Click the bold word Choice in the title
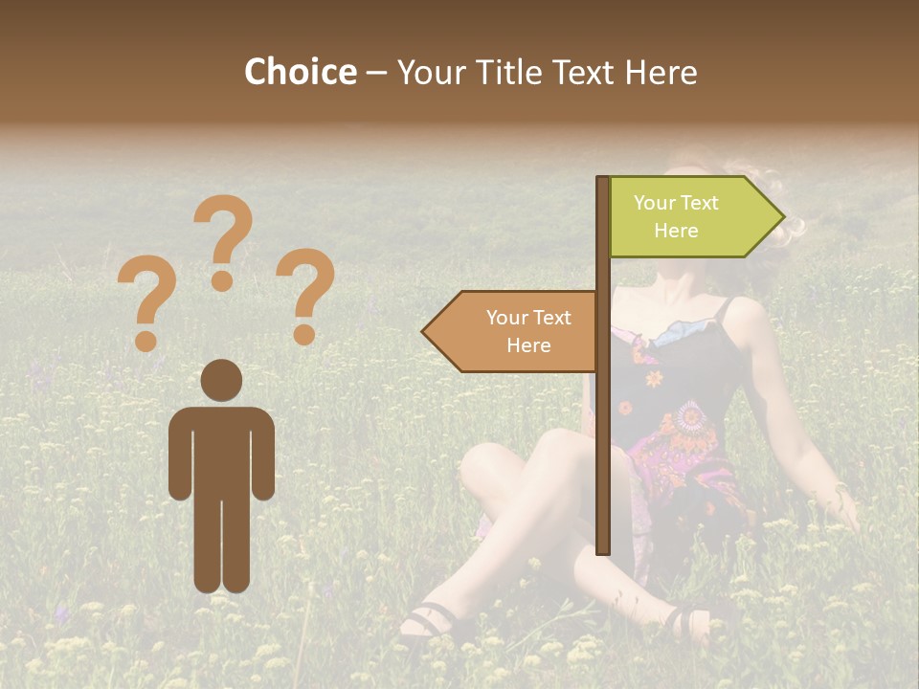pos(300,72)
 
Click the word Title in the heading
pos(506,72)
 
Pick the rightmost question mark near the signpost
pos(305,296)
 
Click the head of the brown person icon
pos(221,380)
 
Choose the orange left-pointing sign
pos(511,331)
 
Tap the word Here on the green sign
pos(676,231)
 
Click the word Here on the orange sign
pos(528,345)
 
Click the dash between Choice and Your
pos(376,72)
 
